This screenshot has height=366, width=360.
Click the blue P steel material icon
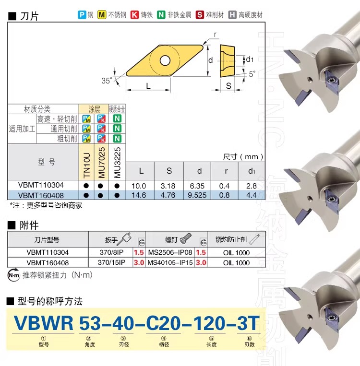click(x=82, y=15)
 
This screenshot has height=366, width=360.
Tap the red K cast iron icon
click(x=134, y=15)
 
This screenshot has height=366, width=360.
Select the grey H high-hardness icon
click(x=232, y=15)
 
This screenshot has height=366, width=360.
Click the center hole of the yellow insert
click(x=165, y=61)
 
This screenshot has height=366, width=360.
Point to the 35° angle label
click(x=107, y=81)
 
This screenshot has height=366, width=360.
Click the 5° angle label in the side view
click(x=252, y=74)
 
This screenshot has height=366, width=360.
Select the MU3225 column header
click(x=117, y=163)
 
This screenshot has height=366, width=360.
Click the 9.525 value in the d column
click(x=197, y=195)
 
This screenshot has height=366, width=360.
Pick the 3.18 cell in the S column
click(x=168, y=186)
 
